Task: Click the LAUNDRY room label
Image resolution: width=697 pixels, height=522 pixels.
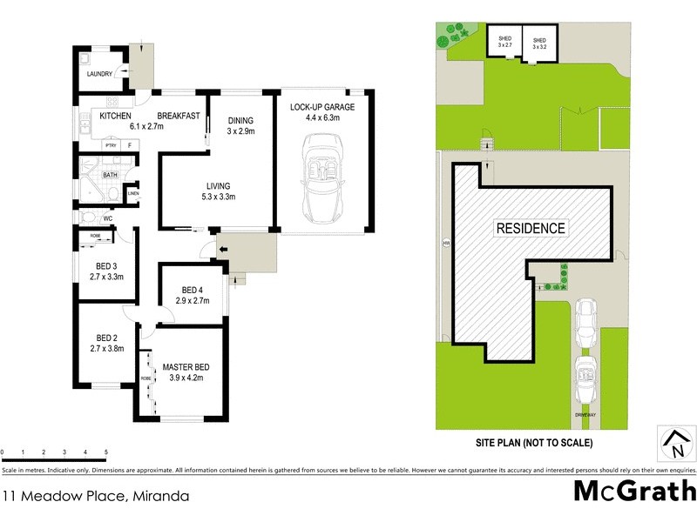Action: pyautogui.click(x=98, y=74)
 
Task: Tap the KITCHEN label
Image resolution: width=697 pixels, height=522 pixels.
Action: pyautogui.click(x=115, y=116)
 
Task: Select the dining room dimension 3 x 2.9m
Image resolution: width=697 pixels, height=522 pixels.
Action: pyautogui.click(x=240, y=130)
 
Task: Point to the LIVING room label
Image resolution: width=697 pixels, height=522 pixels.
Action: pyautogui.click(x=218, y=185)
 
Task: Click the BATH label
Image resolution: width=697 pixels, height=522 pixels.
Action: pyautogui.click(x=111, y=175)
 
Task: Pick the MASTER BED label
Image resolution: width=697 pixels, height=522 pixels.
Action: pyautogui.click(x=184, y=367)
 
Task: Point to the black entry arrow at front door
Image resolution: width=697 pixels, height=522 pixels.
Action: pyautogui.click(x=222, y=251)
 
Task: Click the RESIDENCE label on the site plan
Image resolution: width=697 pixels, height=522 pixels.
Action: pyautogui.click(x=531, y=229)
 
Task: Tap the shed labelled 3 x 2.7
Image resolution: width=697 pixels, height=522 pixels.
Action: pyautogui.click(x=504, y=43)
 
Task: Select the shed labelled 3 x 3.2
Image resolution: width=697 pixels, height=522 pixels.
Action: pyautogui.click(x=540, y=43)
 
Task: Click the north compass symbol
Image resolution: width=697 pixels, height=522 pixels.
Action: pyautogui.click(x=676, y=443)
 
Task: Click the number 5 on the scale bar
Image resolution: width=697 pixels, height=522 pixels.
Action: pyautogui.click(x=105, y=452)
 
